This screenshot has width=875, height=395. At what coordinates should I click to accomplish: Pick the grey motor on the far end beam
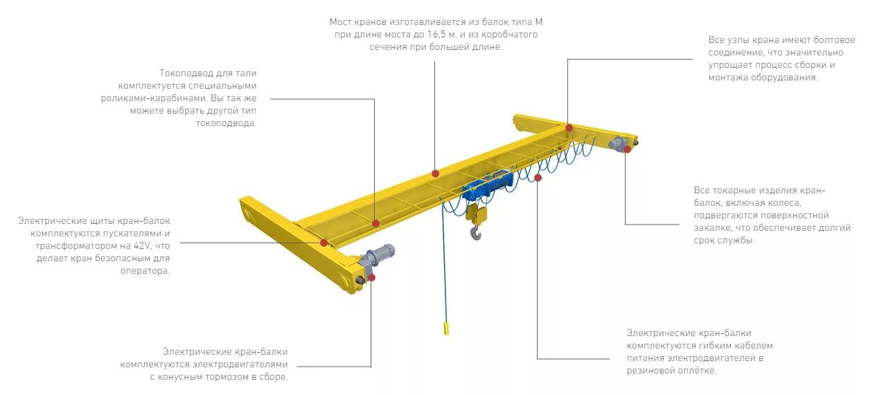coord(616,143)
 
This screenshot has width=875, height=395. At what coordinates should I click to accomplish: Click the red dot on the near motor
coord(371,277)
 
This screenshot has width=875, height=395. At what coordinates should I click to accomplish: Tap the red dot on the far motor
coord(627,149)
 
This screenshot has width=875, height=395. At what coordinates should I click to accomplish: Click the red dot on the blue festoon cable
coord(538,178)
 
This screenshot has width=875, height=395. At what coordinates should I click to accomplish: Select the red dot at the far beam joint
coord(569,128)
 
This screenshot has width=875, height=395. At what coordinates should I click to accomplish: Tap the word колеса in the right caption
coord(786,203)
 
